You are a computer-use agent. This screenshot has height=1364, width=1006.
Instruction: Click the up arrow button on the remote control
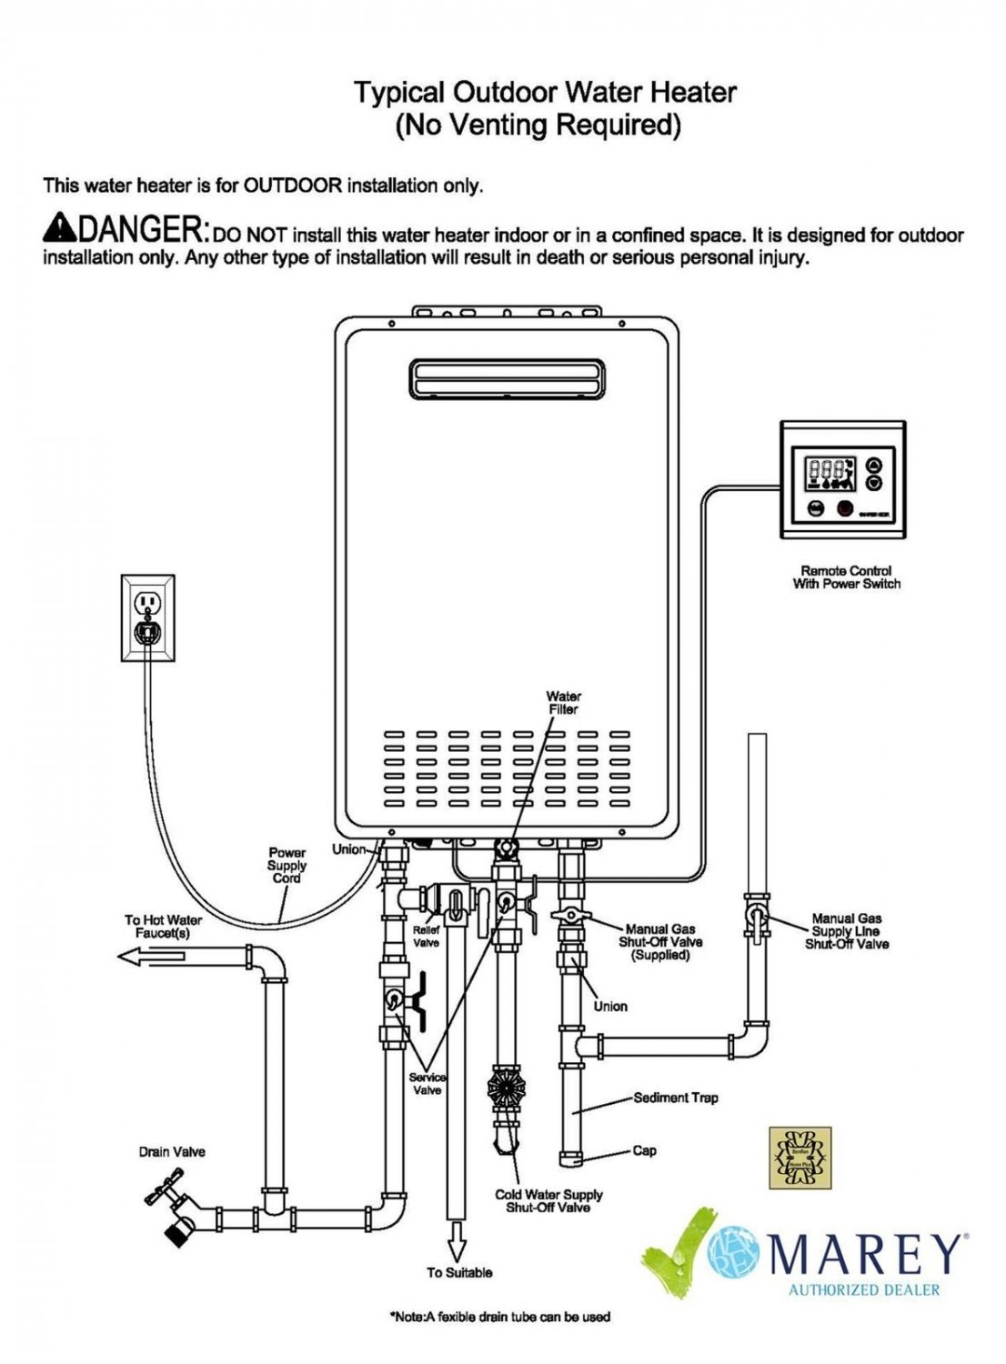(x=874, y=464)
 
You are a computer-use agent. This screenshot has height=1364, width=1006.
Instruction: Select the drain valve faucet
(x=173, y=1210)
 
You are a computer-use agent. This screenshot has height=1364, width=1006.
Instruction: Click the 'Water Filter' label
(x=563, y=703)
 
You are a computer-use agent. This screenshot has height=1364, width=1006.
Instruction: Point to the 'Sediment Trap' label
(x=675, y=1098)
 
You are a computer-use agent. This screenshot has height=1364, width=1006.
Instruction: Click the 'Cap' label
(x=644, y=1150)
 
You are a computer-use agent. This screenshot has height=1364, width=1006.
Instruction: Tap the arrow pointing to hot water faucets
(x=150, y=956)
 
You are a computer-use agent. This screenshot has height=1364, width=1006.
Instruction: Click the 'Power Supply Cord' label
(x=287, y=866)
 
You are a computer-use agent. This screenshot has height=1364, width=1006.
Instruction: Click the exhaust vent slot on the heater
(x=507, y=377)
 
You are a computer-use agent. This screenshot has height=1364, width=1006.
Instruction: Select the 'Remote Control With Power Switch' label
(x=846, y=577)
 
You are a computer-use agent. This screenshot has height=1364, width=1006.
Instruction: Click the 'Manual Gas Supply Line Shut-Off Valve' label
(x=846, y=931)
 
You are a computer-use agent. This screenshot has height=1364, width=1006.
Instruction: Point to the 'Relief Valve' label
(x=426, y=937)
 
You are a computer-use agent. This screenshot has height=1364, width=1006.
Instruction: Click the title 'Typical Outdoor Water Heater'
(x=544, y=92)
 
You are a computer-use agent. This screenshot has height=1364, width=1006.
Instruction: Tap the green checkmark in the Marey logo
(x=678, y=1250)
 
